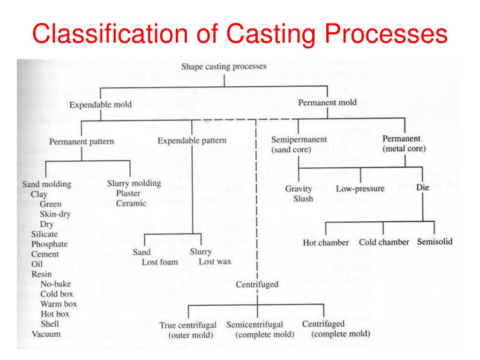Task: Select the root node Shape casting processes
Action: click(x=224, y=67)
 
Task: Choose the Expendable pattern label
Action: click(x=192, y=140)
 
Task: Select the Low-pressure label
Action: click(x=360, y=189)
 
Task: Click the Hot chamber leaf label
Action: click(x=326, y=242)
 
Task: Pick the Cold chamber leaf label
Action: click(x=384, y=242)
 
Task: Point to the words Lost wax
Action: click(x=215, y=262)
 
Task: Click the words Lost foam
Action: click(x=160, y=262)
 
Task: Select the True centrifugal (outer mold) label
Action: click(x=187, y=330)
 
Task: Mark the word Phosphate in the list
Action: click(x=49, y=244)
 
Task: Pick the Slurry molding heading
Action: click(x=134, y=183)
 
